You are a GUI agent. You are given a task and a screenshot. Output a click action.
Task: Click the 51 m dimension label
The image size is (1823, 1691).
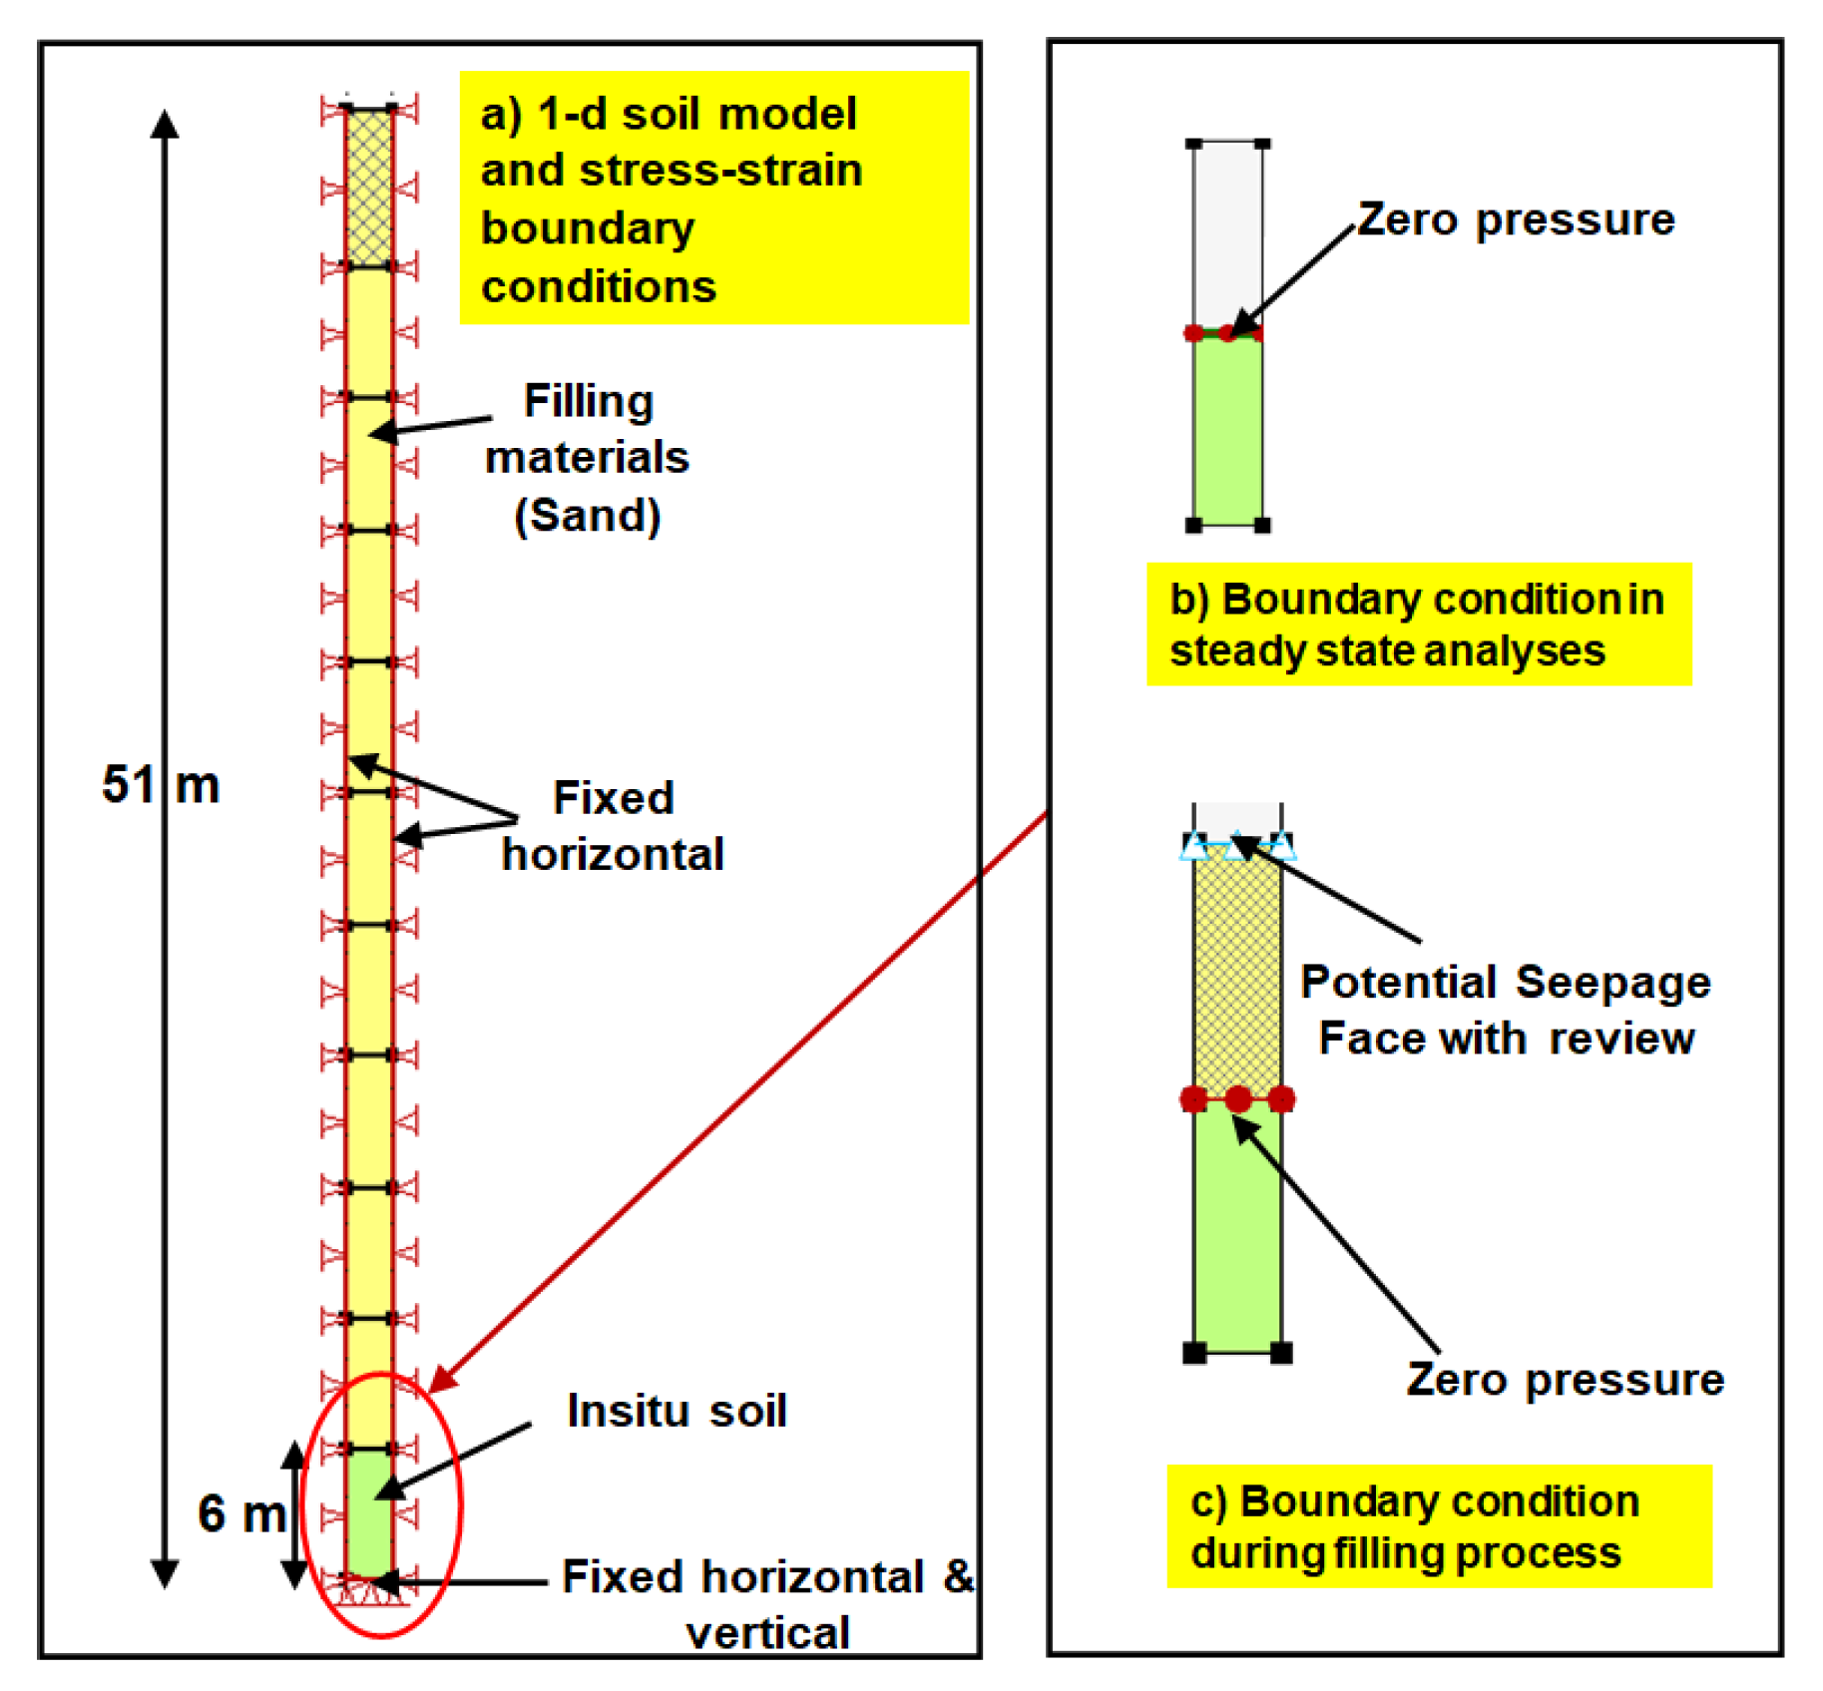point(160,784)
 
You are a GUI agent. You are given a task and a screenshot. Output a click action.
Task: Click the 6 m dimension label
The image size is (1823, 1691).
point(240,1513)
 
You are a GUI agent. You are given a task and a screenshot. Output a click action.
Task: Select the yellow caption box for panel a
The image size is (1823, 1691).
point(713,199)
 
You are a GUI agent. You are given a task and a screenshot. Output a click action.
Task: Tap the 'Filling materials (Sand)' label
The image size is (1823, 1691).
point(587,458)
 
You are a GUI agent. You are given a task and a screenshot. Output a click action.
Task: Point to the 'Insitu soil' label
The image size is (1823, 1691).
point(677,1411)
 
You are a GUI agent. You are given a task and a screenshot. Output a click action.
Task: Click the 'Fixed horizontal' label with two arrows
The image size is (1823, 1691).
point(613,826)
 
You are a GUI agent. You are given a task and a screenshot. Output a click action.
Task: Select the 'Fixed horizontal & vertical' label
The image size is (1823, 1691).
point(766,1603)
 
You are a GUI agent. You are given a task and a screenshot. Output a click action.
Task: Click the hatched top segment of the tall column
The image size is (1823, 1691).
point(368,188)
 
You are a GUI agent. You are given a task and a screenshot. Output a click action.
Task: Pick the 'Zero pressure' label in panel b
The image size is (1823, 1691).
point(1515,219)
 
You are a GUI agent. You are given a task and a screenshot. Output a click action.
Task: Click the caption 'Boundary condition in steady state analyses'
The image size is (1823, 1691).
point(1418,625)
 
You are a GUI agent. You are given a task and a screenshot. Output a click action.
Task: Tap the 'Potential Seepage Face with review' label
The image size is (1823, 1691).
point(1506,1010)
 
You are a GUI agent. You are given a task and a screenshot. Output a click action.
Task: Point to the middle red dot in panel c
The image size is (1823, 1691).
point(1237,1099)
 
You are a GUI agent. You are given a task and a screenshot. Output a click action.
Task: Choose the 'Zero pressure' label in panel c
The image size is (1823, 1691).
point(1565,1380)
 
